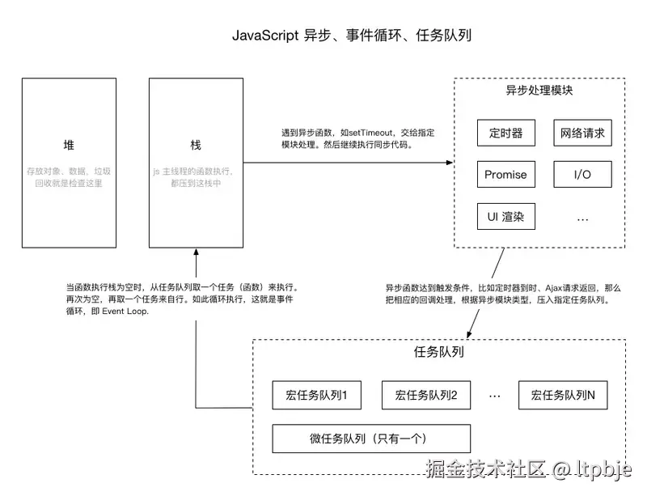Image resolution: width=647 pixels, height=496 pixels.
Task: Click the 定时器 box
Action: (505, 133)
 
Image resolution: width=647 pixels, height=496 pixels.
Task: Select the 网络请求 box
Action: (582, 133)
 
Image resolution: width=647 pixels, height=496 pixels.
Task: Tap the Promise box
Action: (505, 174)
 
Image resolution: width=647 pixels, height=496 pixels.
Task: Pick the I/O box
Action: (582, 174)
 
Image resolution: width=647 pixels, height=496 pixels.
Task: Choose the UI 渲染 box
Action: (505, 216)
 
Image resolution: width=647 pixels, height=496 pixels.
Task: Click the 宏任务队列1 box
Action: (316, 395)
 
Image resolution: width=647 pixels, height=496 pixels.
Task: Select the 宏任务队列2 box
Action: (426, 395)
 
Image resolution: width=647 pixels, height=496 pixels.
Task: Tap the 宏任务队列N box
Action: (563, 395)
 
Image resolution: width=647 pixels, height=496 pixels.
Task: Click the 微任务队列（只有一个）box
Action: (371, 438)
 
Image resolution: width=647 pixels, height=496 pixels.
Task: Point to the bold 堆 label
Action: (69, 145)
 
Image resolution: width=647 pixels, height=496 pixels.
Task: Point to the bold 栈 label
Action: (195, 145)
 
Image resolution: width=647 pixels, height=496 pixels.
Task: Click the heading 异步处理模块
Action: (539, 91)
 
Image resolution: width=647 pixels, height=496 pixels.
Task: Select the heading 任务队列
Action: (438, 353)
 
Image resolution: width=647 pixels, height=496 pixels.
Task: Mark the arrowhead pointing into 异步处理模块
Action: (448, 163)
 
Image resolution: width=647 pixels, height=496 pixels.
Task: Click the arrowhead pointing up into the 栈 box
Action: (195, 253)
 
